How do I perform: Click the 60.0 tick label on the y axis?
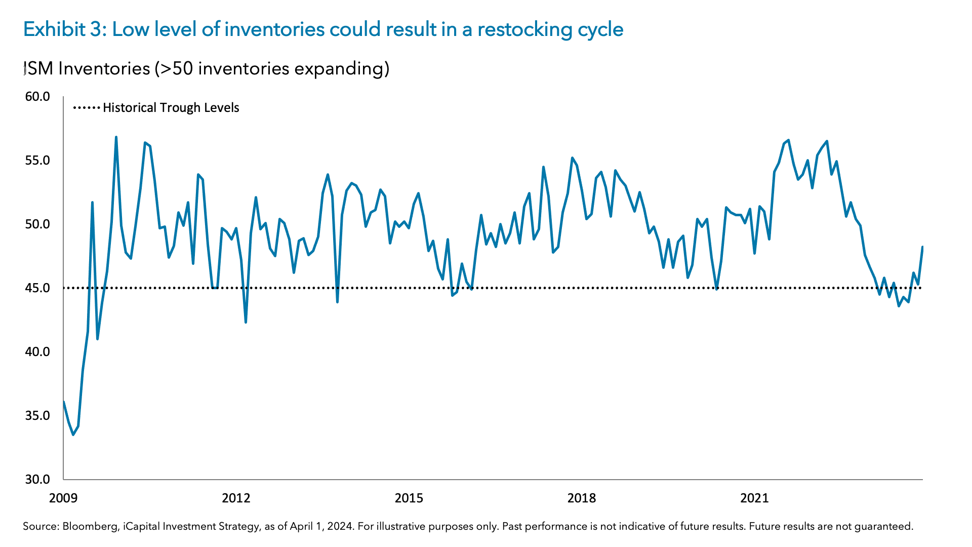[37, 96]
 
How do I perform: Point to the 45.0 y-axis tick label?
[37, 288]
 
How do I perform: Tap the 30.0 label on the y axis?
[37, 479]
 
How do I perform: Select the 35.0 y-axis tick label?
[37, 415]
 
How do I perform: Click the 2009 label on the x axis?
[63, 498]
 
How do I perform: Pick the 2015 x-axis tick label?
[409, 498]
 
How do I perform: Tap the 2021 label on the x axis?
[754, 498]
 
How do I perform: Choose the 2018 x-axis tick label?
[582, 498]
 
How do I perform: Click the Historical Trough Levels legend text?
[171, 108]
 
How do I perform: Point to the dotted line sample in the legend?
[87, 108]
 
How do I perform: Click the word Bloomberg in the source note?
[91, 526]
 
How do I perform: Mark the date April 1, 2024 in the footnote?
[321, 526]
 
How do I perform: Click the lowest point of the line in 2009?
[73, 435]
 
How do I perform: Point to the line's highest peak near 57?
[116, 137]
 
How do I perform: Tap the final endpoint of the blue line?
[922, 247]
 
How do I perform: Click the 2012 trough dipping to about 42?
[246, 322]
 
